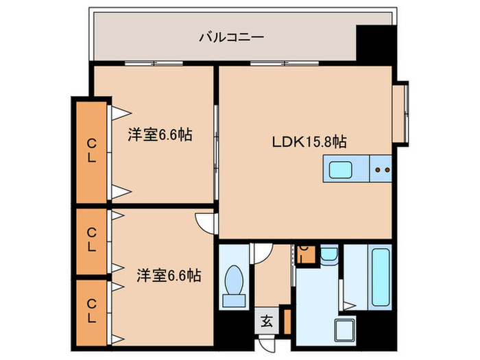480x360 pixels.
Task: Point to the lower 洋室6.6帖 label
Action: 168,276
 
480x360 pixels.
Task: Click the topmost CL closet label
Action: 91,150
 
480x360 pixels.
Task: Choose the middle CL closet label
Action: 91,240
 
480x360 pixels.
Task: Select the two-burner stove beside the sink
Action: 381,169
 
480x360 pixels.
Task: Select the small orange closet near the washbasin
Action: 307,255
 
